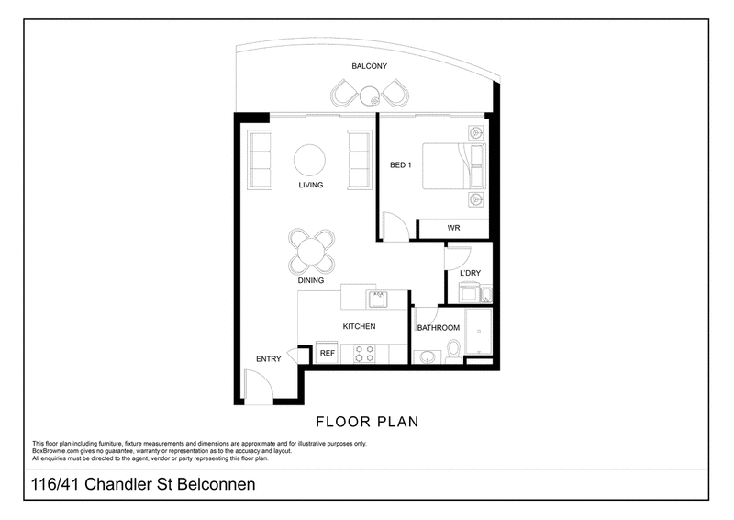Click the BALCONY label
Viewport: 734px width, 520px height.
pyautogui.click(x=370, y=66)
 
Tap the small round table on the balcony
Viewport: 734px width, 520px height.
pyautogui.click(x=370, y=96)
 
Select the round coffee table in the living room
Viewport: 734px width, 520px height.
pyautogui.click(x=309, y=160)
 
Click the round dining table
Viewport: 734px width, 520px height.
pyautogui.click(x=311, y=252)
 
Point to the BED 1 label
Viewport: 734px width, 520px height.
pyautogui.click(x=401, y=165)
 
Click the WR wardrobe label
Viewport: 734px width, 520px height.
pyautogui.click(x=453, y=228)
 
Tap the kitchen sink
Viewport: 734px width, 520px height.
pyautogui.click(x=377, y=299)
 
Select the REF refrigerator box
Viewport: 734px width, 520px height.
pyautogui.click(x=328, y=353)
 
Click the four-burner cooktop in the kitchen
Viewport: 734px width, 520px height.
pyautogui.click(x=364, y=354)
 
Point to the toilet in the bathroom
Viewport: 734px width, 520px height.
pyautogui.click(x=453, y=350)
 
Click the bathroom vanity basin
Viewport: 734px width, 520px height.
pyautogui.click(x=428, y=357)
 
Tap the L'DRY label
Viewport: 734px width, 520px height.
pyautogui.click(x=470, y=273)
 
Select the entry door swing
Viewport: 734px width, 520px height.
pyautogui.click(x=259, y=387)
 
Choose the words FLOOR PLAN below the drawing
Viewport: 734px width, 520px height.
pyautogui.click(x=368, y=422)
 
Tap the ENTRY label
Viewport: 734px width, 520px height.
pyautogui.click(x=268, y=359)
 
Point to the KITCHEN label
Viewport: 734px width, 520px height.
pyautogui.click(x=359, y=326)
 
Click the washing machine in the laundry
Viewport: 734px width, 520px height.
pyautogui.click(x=469, y=293)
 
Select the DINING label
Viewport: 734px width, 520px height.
pyautogui.click(x=311, y=280)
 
